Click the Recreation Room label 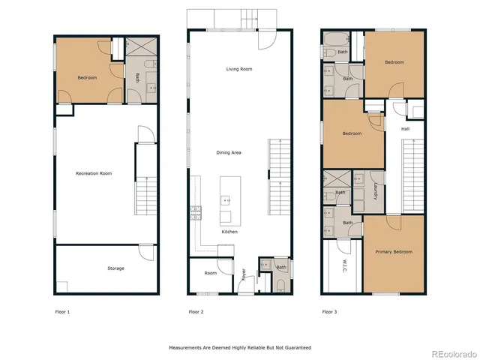coord(94,173)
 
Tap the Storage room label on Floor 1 coord(115,268)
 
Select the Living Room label coord(238,69)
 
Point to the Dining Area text coord(228,152)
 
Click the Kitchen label coord(229,232)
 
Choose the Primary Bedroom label coord(393,252)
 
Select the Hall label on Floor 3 coord(405,129)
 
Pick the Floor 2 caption coord(196,311)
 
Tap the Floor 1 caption coord(62,311)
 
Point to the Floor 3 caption coord(329,311)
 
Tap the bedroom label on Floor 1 coord(86,77)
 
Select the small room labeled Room coord(211,273)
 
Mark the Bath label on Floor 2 coord(280,268)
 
